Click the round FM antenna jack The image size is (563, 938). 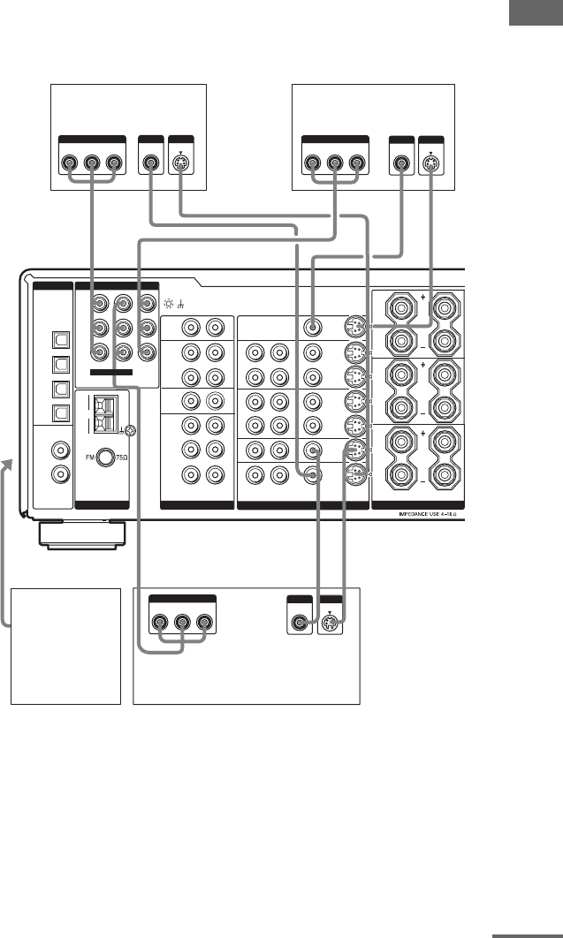[x=106, y=458]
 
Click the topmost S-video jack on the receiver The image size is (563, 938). [x=354, y=326]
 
